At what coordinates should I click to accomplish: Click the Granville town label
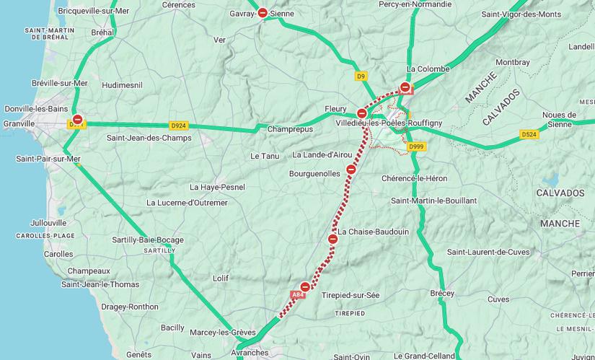click(x=19, y=123)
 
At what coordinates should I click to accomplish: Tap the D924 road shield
click(x=178, y=125)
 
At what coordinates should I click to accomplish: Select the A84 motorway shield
click(x=298, y=294)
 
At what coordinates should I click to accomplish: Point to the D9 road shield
click(x=361, y=75)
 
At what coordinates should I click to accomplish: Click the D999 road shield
click(x=416, y=146)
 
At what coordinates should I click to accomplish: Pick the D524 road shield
click(x=529, y=134)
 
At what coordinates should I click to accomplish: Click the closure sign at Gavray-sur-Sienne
click(x=263, y=13)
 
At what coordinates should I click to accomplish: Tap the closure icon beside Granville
click(x=77, y=120)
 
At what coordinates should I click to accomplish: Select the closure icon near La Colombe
click(x=405, y=87)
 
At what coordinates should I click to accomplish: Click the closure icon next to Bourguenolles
click(x=351, y=170)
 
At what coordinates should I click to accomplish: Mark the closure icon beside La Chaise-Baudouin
click(x=333, y=239)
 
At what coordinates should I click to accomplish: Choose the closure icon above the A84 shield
click(x=306, y=286)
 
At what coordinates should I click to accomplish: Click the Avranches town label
click(x=249, y=353)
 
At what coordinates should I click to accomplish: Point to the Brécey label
click(x=442, y=294)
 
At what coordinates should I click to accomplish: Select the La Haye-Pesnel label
click(x=217, y=187)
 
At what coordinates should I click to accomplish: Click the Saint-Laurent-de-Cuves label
click(x=488, y=253)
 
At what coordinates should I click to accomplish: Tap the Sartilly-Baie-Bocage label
click(x=148, y=240)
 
